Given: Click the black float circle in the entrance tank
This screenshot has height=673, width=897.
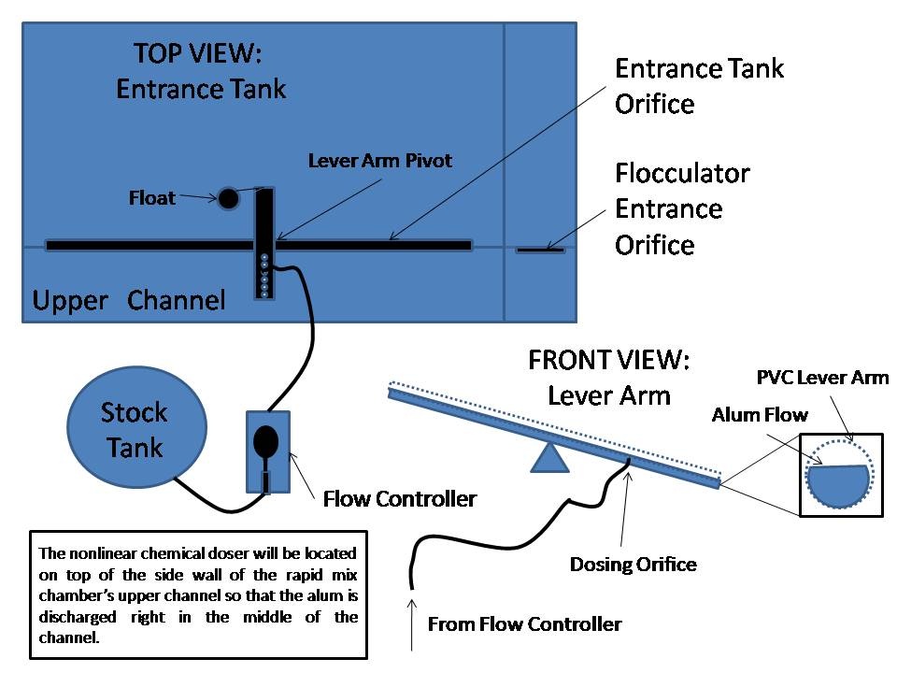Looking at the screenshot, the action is [228, 198].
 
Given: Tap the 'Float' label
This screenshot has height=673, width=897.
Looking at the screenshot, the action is [151, 198].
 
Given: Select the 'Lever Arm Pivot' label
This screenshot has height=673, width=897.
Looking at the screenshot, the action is [380, 160].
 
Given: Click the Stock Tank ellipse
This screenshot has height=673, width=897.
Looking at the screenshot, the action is [136, 427].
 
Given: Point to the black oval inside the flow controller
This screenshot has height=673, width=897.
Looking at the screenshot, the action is [265, 441].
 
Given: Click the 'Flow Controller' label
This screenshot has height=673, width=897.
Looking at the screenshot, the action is [399, 499].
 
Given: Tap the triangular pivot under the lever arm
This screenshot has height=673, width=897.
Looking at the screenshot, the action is [549, 458].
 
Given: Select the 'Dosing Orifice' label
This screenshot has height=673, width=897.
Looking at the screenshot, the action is [634, 565].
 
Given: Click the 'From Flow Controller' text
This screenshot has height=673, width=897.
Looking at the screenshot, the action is [524, 623].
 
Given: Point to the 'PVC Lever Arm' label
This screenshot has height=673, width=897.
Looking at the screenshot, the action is [822, 378].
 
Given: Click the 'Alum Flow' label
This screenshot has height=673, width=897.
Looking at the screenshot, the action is [760, 414].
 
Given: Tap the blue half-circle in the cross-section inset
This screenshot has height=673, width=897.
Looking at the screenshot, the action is [839, 486].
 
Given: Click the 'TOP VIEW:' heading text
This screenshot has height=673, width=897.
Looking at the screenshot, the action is [198, 53].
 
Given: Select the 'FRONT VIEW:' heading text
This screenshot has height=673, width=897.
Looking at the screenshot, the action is [608, 360].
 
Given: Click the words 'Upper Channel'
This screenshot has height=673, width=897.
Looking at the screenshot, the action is [129, 300].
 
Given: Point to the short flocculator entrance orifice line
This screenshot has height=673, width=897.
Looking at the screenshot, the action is [540, 251].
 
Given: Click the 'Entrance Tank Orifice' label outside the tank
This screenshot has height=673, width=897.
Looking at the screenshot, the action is [699, 86].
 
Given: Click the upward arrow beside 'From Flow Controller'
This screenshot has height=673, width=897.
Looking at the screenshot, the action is [412, 624].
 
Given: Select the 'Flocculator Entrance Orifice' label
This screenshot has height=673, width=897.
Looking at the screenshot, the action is [682, 208].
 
